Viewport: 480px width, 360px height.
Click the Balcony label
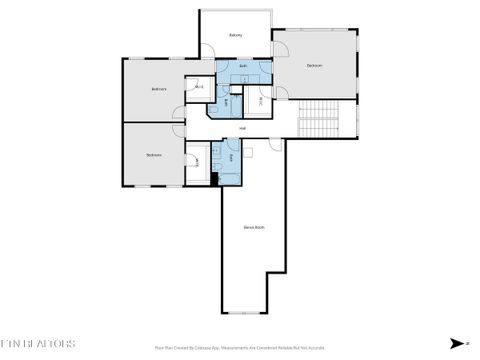[236, 35]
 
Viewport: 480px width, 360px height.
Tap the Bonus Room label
[254, 227]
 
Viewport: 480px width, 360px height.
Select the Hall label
[242, 127]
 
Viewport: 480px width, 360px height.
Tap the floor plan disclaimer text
[240, 348]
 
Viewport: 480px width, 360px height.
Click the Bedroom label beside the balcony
[314, 66]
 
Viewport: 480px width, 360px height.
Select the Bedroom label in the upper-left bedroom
[158, 89]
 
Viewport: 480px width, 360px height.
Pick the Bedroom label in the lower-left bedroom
[153, 155]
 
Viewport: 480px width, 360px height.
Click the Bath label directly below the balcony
[243, 65]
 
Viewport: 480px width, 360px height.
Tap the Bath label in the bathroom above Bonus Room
[231, 158]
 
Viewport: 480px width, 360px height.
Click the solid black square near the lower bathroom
[214, 179]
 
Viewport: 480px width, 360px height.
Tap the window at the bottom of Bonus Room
[244, 313]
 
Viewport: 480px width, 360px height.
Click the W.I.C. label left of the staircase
[260, 101]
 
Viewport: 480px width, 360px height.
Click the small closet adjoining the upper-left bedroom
[198, 88]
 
